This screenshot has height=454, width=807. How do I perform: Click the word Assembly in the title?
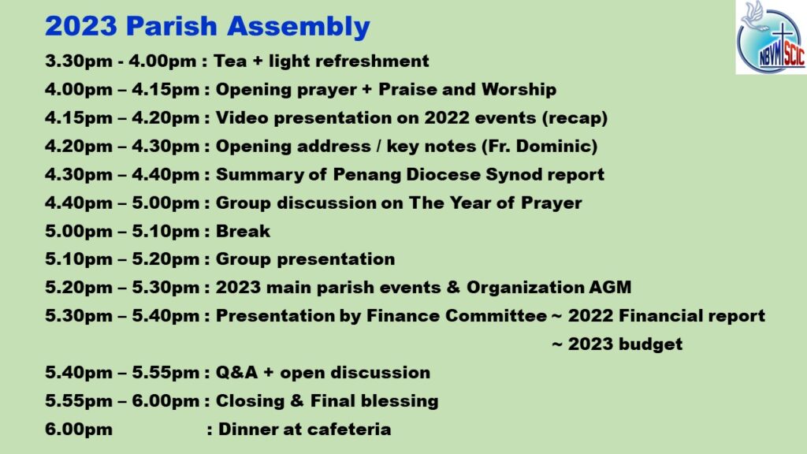coord(299,27)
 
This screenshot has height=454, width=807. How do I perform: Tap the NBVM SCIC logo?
coord(771,37)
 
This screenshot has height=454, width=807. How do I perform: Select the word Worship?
coord(519,90)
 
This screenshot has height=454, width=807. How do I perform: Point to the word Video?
coord(242,118)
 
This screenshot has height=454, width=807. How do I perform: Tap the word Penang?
coord(367,175)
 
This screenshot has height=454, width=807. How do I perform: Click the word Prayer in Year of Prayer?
coord(551,203)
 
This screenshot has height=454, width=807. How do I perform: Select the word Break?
coord(243,231)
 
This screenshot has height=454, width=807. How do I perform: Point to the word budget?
coord(650,344)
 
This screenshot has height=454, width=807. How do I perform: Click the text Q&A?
coord(236,373)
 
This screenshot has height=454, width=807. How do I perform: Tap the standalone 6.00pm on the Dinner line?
coord(78,430)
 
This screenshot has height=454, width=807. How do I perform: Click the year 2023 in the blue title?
coord(81,27)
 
